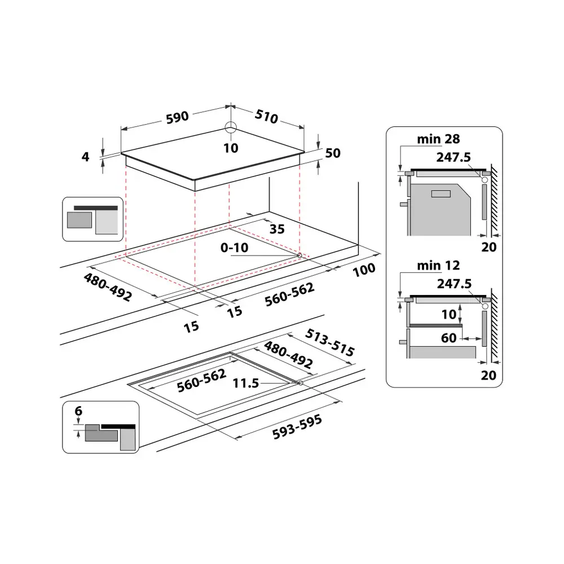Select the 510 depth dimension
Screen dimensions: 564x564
tap(267, 117)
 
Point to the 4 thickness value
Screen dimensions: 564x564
tap(86, 157)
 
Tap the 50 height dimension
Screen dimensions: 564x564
tap(333, 154)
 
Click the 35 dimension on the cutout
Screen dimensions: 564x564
tap(276, 230)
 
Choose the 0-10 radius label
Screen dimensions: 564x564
tap(235, 247)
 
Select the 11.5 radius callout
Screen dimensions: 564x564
tap(246, 384)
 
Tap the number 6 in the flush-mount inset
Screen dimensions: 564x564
tap(78, 412)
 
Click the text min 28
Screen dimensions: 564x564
tap(439, 139)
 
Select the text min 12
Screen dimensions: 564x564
tap(439, 265)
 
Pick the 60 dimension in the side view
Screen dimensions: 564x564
tap(450, 338)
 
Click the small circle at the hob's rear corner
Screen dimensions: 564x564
tap(231, 126)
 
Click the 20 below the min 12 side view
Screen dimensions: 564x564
tap(488, 374)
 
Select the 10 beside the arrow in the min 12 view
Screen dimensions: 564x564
tap(448, 314)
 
